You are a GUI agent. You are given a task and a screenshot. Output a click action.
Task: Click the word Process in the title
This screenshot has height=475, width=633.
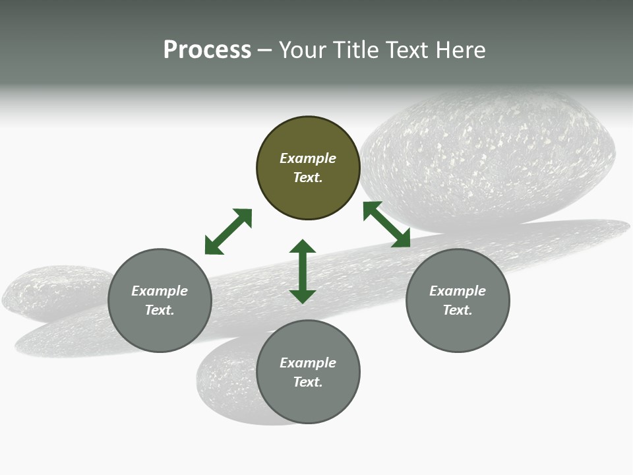(207, 50)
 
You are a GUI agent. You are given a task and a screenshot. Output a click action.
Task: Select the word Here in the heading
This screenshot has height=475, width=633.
(459, 50)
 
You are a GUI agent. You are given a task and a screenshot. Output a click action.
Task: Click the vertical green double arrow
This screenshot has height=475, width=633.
(303, 271)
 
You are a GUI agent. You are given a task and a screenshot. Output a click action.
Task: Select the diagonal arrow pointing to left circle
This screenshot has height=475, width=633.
(228, 232)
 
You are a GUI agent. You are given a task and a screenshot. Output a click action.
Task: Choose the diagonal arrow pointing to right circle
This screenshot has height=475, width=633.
(387, 225)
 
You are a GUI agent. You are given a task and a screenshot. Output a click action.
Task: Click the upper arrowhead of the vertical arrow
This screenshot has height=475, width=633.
(303, 247)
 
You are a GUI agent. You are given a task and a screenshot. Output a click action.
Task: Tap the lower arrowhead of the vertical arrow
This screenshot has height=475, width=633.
(303, 296)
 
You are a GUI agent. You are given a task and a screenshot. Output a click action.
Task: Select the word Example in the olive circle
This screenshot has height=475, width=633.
(308, 158)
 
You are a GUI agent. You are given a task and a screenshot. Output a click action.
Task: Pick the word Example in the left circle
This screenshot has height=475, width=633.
(160, 291)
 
